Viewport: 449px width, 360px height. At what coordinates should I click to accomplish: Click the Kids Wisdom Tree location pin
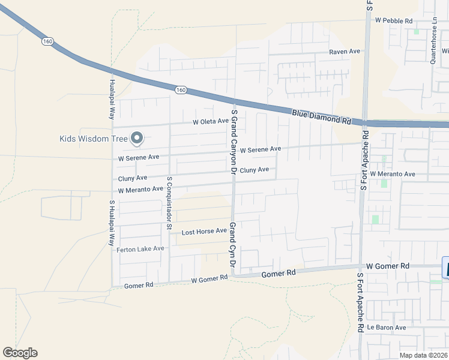click(x=137, y=138)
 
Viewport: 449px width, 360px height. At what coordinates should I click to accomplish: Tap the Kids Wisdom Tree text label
click(x=94, y=139)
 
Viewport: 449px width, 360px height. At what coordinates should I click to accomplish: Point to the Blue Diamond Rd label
click(x=322, y=116)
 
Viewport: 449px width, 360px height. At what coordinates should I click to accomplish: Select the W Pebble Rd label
click(x=394, y=20)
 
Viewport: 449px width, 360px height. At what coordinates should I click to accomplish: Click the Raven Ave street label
click(x=345, y=52)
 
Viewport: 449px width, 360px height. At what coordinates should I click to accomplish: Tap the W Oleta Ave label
click(x=210, y=121)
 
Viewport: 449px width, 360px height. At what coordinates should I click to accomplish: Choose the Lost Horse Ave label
click(x=204, y=231)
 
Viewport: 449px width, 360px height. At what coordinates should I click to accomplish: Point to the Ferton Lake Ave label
click(x=140, y=249)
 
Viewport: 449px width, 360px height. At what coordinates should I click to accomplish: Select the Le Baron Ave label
click(x=387, y=328)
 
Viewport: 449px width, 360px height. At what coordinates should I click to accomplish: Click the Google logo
click(x=20, y=353)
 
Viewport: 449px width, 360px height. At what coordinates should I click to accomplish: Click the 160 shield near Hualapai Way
click(x=48, y=41)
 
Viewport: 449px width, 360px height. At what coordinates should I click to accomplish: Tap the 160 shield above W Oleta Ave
click(x=181, y=90)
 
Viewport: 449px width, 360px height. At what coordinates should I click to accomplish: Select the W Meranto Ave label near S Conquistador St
click(x=140, y=190)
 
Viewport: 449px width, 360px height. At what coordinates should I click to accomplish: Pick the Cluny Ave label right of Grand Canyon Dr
click(x=255, y=170)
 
